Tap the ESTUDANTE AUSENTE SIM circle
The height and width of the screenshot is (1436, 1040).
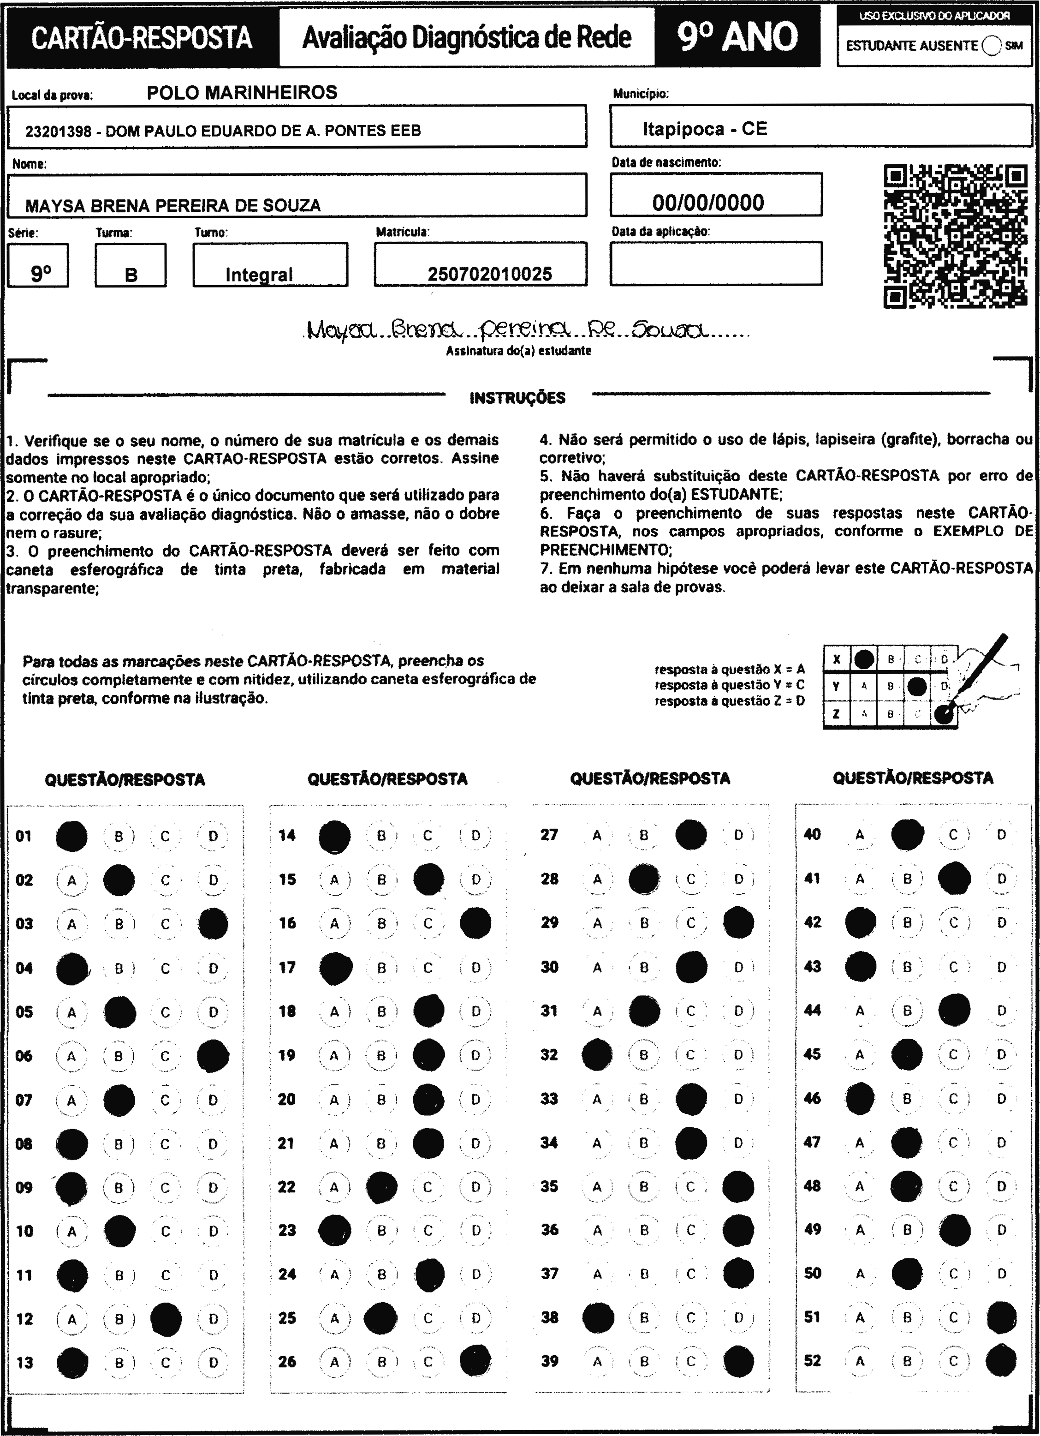tap(992, 46)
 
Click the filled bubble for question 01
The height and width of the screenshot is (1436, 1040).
tap(71, 836)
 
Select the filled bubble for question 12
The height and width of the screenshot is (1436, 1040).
tap(166, 1319)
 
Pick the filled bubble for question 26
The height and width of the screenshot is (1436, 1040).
tap(475, 1361)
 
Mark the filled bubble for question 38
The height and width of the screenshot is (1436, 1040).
tap(598, 1317)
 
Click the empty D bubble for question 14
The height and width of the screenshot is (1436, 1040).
tap(475, 836)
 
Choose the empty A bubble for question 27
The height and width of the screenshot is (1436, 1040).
tap(597, 835)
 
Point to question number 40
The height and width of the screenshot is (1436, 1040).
tap(812, 834)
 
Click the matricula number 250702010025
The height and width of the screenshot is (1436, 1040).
tap(489, 274)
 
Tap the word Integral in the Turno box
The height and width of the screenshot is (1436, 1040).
tap(259, 275)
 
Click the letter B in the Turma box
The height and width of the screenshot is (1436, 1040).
tap(131, 275)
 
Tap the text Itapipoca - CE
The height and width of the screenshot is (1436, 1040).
tap(705, 129)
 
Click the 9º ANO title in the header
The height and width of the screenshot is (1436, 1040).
tap(737, 37)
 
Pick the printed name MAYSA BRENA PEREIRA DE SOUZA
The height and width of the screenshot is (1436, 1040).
tap(173, 206)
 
